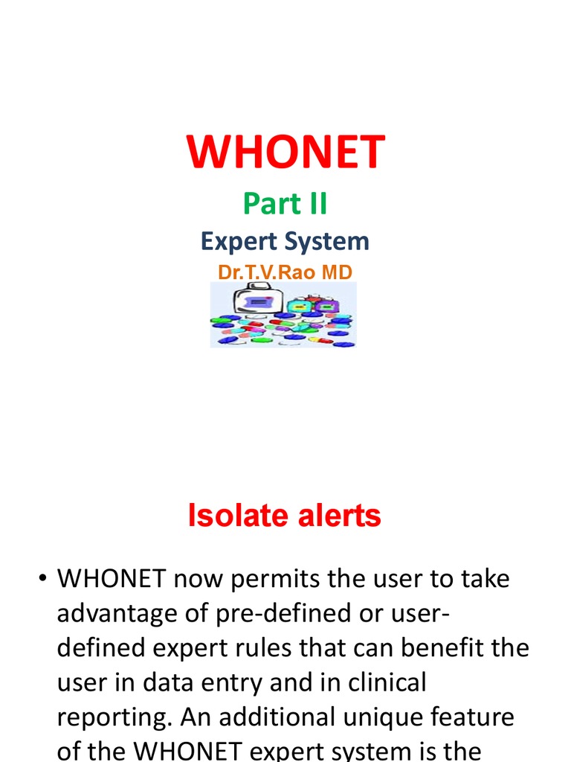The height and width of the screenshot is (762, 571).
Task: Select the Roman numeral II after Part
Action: (315, 204)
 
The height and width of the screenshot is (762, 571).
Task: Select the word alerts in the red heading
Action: (335, 516)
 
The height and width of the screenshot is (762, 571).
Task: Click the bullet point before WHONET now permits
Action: (44, 580)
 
